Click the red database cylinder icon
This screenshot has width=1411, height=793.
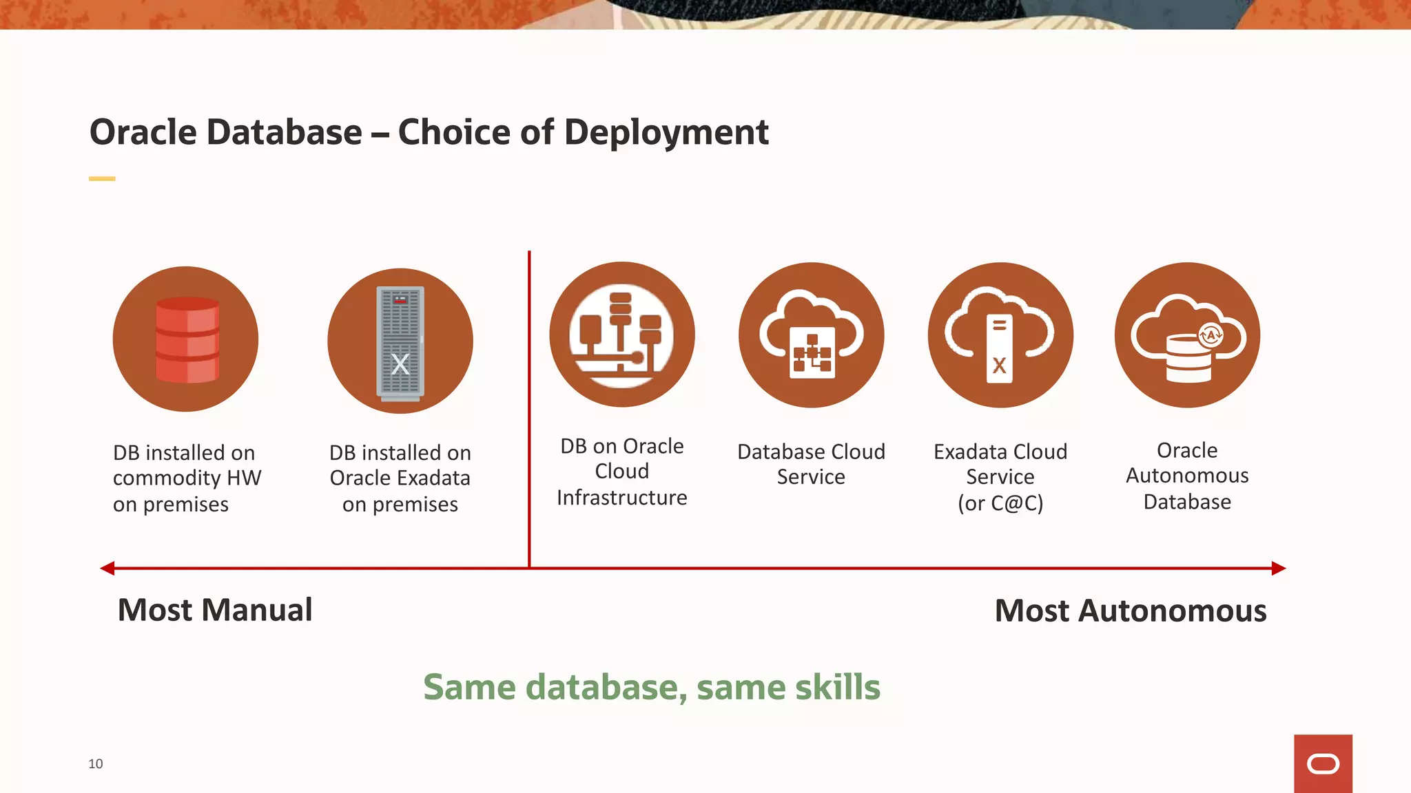tap(187, 339)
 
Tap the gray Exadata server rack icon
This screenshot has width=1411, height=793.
tap(400, 342)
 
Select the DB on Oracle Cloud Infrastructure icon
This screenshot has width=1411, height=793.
tap(621, 335)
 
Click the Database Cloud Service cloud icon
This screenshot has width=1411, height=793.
tap(811, 335)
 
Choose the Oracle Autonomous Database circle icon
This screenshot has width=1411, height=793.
tap(1187, 335)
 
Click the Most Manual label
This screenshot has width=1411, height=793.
tap(215, 610)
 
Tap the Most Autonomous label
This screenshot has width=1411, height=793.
tap(1130, 611)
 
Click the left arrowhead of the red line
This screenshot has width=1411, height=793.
tap(107, 568)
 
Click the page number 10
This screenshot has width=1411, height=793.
tap(96, 763)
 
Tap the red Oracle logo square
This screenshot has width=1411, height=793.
tap(1323, 763)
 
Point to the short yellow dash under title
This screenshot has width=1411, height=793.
tap(102, 178)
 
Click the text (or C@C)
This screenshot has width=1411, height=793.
tap(1000, 503)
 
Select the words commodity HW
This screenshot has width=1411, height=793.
tap(187, 478)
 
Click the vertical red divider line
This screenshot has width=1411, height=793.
tap(529, 413)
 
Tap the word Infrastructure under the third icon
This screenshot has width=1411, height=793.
tap(621, 497)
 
